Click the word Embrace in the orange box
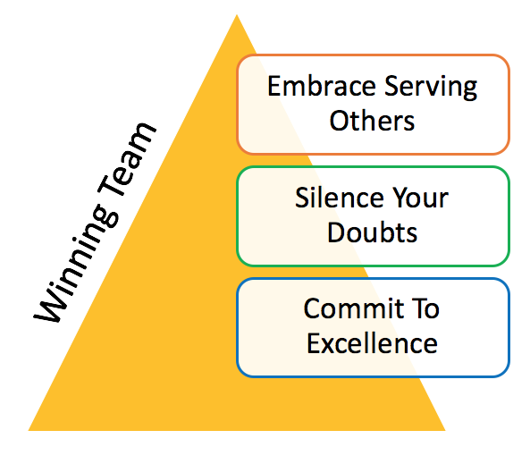pyautogui.click(x=322, y=86)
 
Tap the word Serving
pyautogui.click(x=431, y=88)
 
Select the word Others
pyautogui.click(x=372, y=121)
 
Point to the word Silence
pyautogui.click(x=339, y=198)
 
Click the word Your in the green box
pyautogui.click(x=420, y=198)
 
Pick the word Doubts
pyautogui.click(x=372, y=232)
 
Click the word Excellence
pyautogui.click(x=372, y=343)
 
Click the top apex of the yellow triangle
pyautogui.click(x=237, y=14)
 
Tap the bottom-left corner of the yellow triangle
pyautogui.click(x=29, y=430)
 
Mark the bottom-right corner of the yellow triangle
pyautogui.click(x=445, y=430)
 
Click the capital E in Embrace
pyautogui.click(x=274, y=86)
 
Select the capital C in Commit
pyautogui.click(x=312, y=308)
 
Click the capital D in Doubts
pyautogui.click(x=336, y=232)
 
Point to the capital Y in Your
pyautogui.click(x=400, y=198)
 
